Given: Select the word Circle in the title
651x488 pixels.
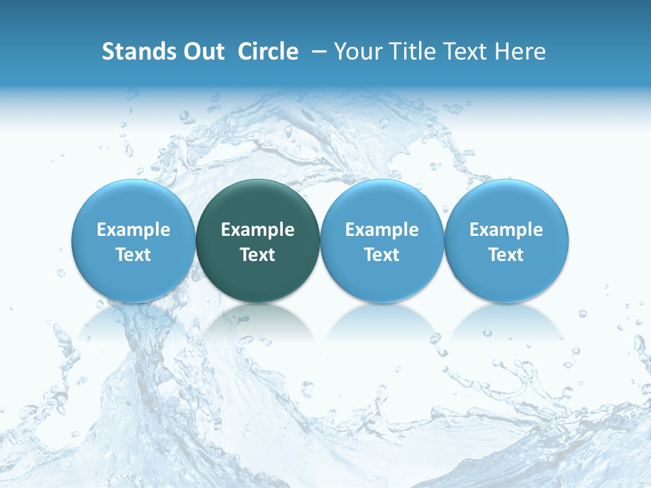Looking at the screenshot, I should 268,52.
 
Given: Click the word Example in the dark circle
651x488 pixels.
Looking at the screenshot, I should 258,230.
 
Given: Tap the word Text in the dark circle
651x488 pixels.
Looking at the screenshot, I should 258,256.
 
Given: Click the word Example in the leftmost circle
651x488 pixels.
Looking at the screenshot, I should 134,230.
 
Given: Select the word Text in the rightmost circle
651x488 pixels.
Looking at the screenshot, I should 507,256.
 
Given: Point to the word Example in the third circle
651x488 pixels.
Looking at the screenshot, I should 382,230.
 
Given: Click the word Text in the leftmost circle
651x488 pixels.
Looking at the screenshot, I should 134,256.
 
